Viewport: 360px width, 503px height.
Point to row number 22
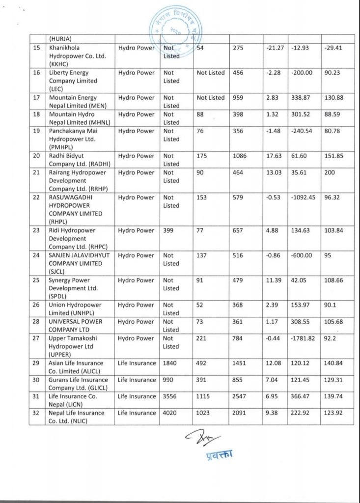tap(35, 197)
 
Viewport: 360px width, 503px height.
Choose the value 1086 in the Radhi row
tap(240, 156)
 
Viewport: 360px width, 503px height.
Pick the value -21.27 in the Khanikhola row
tap(274, 48)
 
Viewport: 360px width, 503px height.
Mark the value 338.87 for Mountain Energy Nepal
tap(301, 98)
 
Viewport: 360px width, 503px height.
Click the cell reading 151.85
tap(334, 156)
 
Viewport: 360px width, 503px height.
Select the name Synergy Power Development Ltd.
tap(74, 288)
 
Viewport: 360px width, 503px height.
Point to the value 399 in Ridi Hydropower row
tap(169, 231)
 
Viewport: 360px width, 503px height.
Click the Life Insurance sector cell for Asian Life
tap(137, 363)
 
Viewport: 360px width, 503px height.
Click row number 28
tap(35, 322)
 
